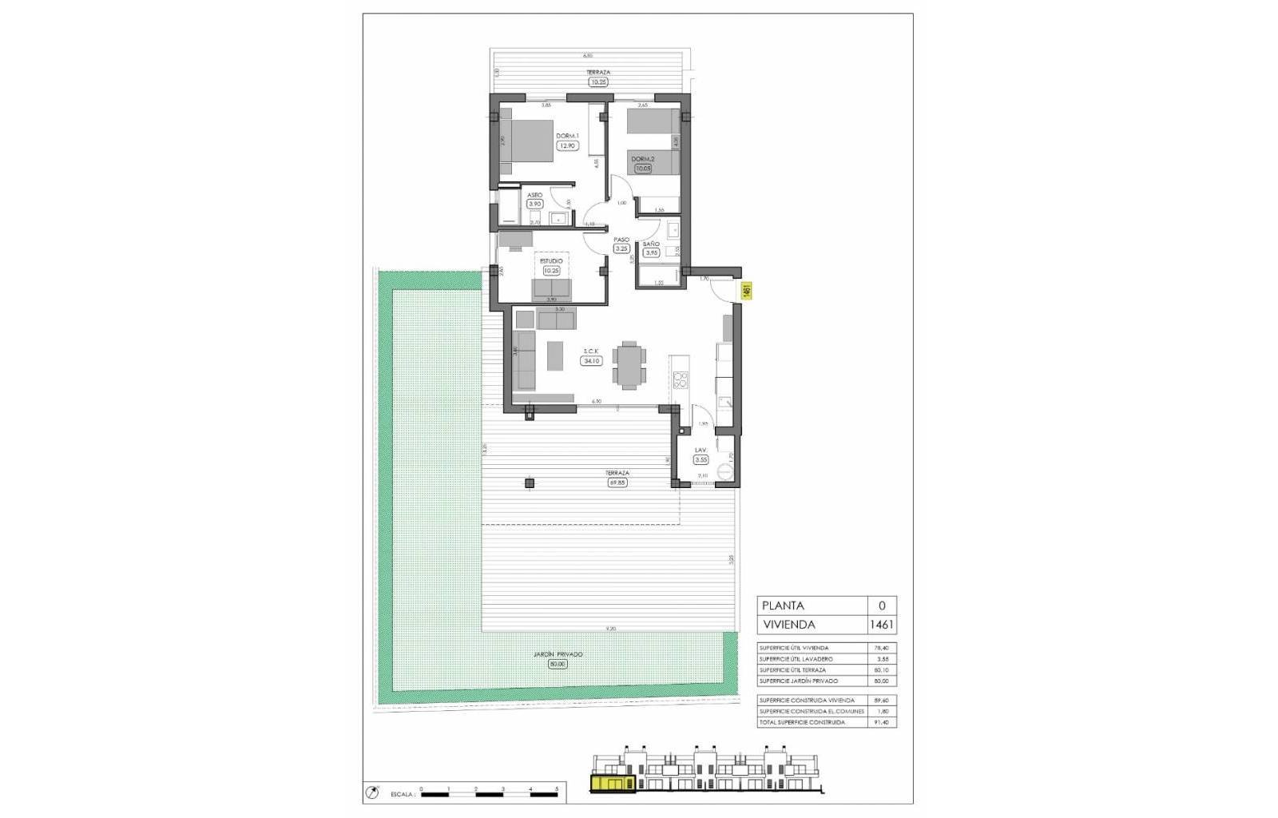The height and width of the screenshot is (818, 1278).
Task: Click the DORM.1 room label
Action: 567,136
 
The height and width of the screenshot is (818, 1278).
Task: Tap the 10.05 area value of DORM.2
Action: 642,169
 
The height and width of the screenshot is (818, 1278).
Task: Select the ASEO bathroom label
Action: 534,195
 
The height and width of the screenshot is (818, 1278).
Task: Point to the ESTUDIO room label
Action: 551,260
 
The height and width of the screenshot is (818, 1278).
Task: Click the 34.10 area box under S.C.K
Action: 591,361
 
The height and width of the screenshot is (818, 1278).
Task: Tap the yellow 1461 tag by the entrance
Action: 746,291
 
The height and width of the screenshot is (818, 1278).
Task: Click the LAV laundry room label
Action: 701,450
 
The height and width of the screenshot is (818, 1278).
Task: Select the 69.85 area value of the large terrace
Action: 617,482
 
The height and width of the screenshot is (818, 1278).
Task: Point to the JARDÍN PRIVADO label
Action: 558,654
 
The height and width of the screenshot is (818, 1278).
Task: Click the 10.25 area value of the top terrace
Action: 597,81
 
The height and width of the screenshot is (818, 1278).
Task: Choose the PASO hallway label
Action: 621,240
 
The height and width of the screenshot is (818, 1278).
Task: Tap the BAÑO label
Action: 651,244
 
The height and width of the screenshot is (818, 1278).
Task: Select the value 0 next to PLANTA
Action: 882,606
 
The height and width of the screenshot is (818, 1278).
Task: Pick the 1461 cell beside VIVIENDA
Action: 882,625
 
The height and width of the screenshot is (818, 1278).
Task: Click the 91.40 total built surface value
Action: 881,722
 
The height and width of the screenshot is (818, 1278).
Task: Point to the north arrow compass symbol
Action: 372,793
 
